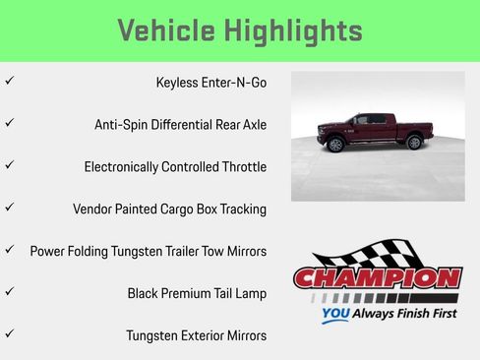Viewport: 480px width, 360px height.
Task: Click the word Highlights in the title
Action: (x=293, y=30)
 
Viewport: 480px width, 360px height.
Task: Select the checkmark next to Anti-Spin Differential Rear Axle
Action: (x=9, y=123)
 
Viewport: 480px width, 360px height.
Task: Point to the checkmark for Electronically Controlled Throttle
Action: (x=9, y=165)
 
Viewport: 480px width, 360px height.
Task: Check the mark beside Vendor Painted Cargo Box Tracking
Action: (x=9, y=208)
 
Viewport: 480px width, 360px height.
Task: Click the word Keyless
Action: (x=177, y=83)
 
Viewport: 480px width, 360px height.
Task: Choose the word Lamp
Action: (x=250, y=293)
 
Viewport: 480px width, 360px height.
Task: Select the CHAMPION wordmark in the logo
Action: (x=377, y=278)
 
